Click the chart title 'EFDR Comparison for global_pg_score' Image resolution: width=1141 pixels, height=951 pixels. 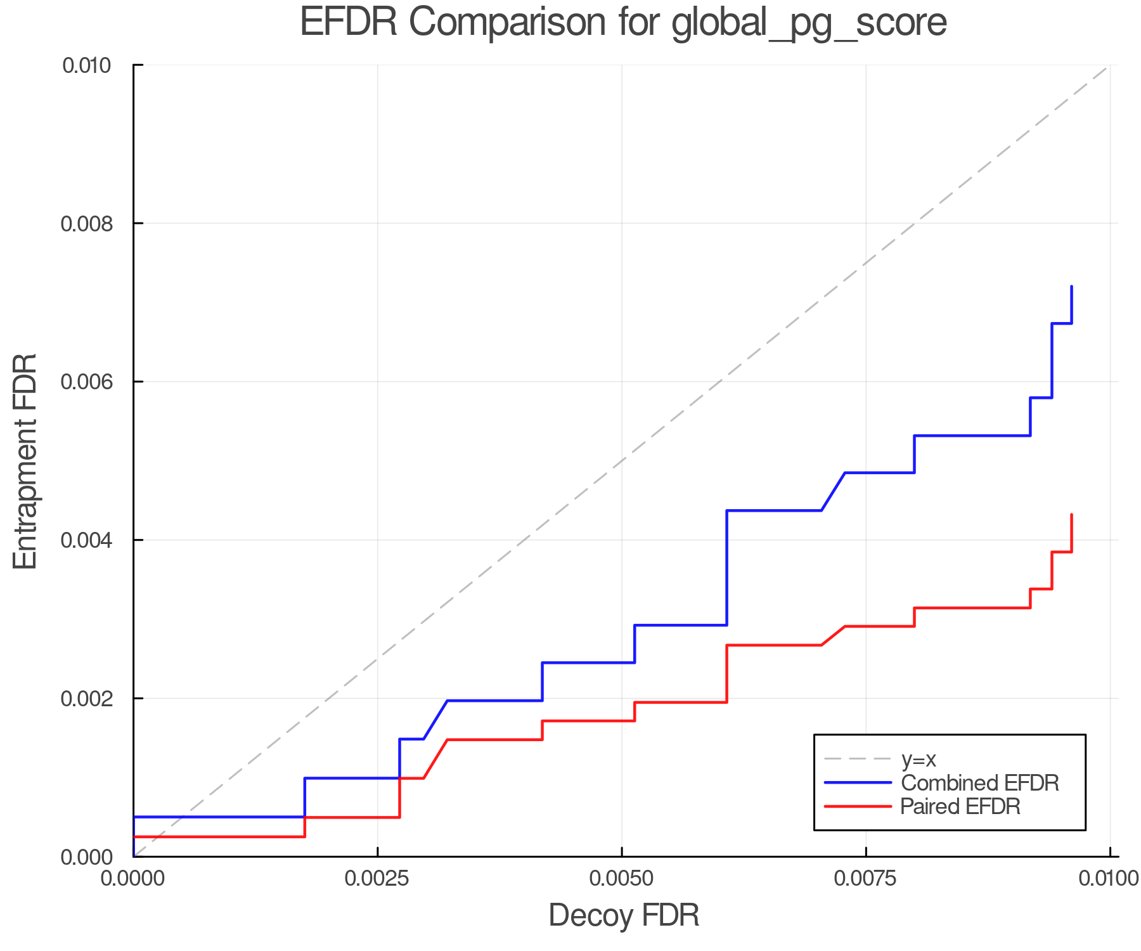pos(623,22)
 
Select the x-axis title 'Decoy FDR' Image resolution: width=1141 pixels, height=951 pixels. pos(624,915)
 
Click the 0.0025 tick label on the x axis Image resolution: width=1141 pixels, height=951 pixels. pos(378,879)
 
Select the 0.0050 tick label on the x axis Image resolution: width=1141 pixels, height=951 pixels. pos(622,879)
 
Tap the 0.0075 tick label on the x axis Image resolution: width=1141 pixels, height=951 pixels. pos(866,879)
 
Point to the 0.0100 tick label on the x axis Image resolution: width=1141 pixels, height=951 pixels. pos(1109,879)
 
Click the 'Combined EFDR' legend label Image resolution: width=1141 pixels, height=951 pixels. pos(980,783)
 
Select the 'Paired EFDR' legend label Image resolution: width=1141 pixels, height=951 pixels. pos(960,806)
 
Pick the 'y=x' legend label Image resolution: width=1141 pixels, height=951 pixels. pos(919,759)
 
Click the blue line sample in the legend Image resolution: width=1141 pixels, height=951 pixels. pos(858,783)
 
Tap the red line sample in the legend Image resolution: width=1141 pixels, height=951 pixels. pos(858,806)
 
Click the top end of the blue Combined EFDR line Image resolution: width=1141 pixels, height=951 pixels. pos(1071,287)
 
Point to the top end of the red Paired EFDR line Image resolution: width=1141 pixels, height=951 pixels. pos(1071,515)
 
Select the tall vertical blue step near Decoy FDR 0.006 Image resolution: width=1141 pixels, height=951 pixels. pos(726,567)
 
